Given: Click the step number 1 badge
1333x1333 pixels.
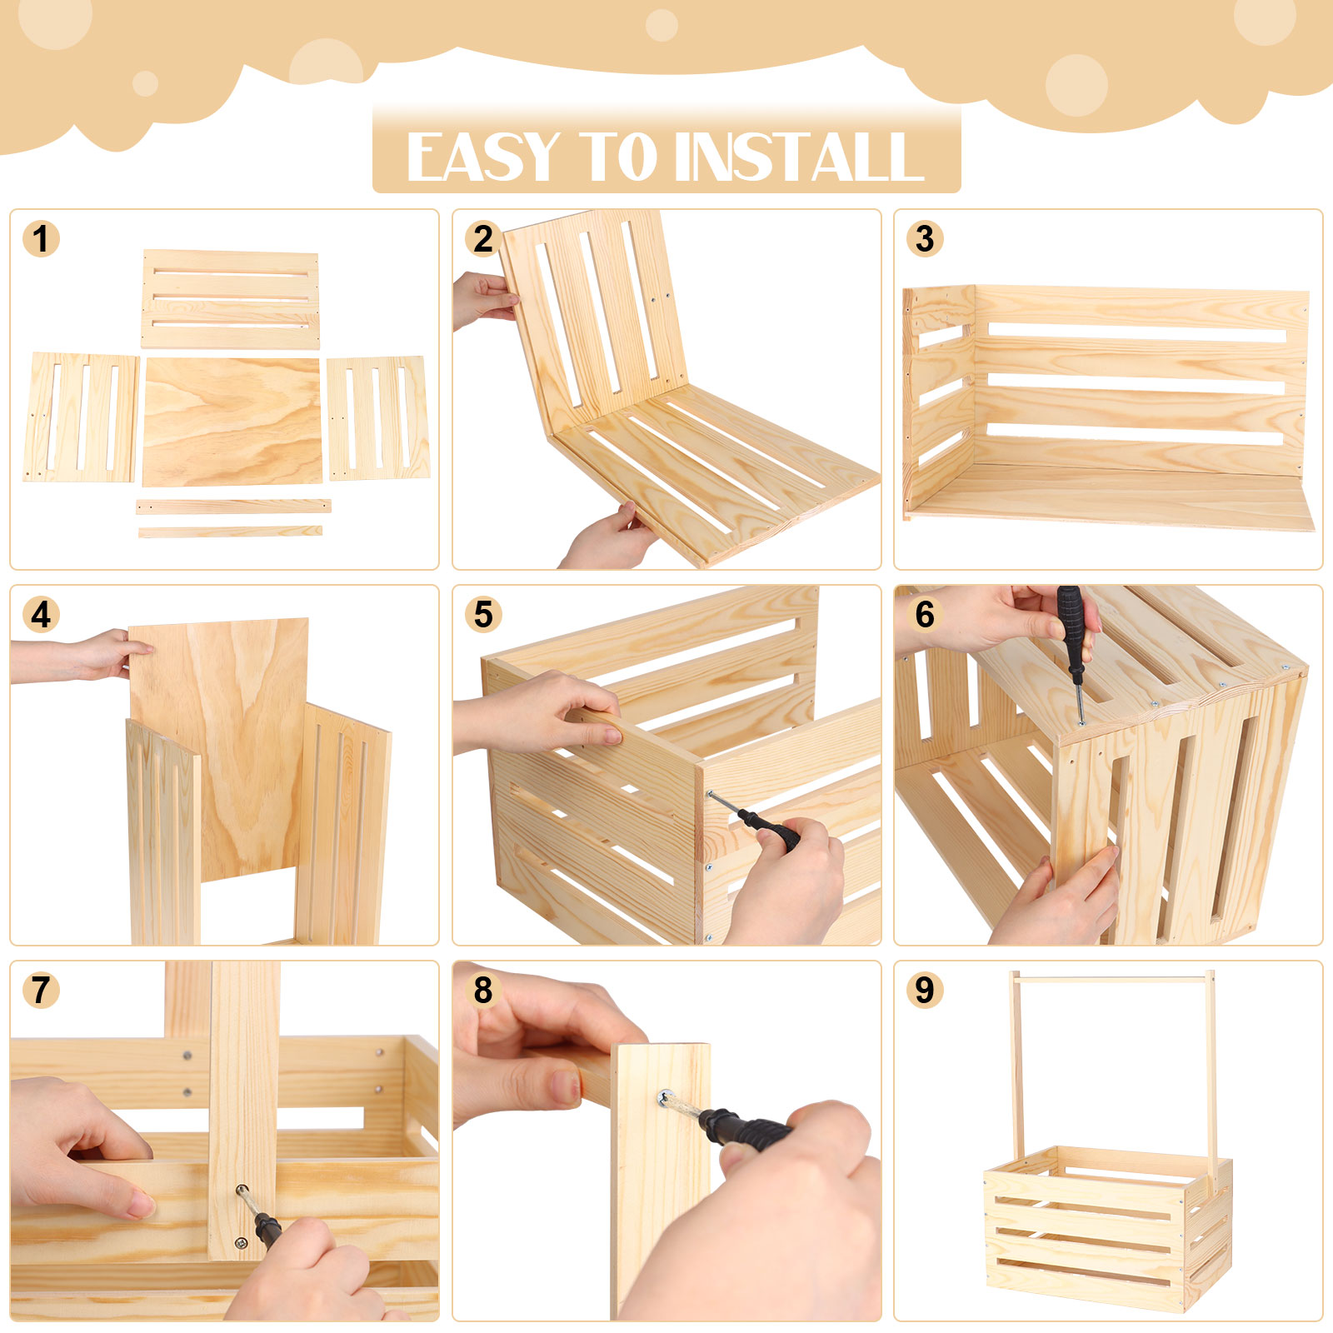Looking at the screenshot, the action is (x=41, y=239).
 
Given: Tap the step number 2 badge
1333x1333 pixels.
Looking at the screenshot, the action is (x=483, y=239).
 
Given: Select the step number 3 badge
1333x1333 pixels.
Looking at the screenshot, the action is (x=925, y=239).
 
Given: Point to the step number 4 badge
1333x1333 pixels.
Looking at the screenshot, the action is (x=41, y=615).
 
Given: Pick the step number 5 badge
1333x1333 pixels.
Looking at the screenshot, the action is (x=483, y=615).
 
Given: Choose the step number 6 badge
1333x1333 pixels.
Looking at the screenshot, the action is (x=925, y=615).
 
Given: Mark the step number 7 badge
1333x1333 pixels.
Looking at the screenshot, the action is (x=41, y=991).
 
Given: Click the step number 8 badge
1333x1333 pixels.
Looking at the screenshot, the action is (x=483, y=991).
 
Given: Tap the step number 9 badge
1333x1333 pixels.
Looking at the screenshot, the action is (x=925, y=991).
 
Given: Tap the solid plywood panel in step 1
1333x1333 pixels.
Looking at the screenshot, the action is (x=232, y=422).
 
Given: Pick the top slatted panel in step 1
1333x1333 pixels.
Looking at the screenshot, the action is (x=230, y=298).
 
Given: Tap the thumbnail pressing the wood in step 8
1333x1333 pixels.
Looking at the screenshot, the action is (x=565, y=1088).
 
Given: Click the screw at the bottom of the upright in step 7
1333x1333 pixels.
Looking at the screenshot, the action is (x=241, y=1243).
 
